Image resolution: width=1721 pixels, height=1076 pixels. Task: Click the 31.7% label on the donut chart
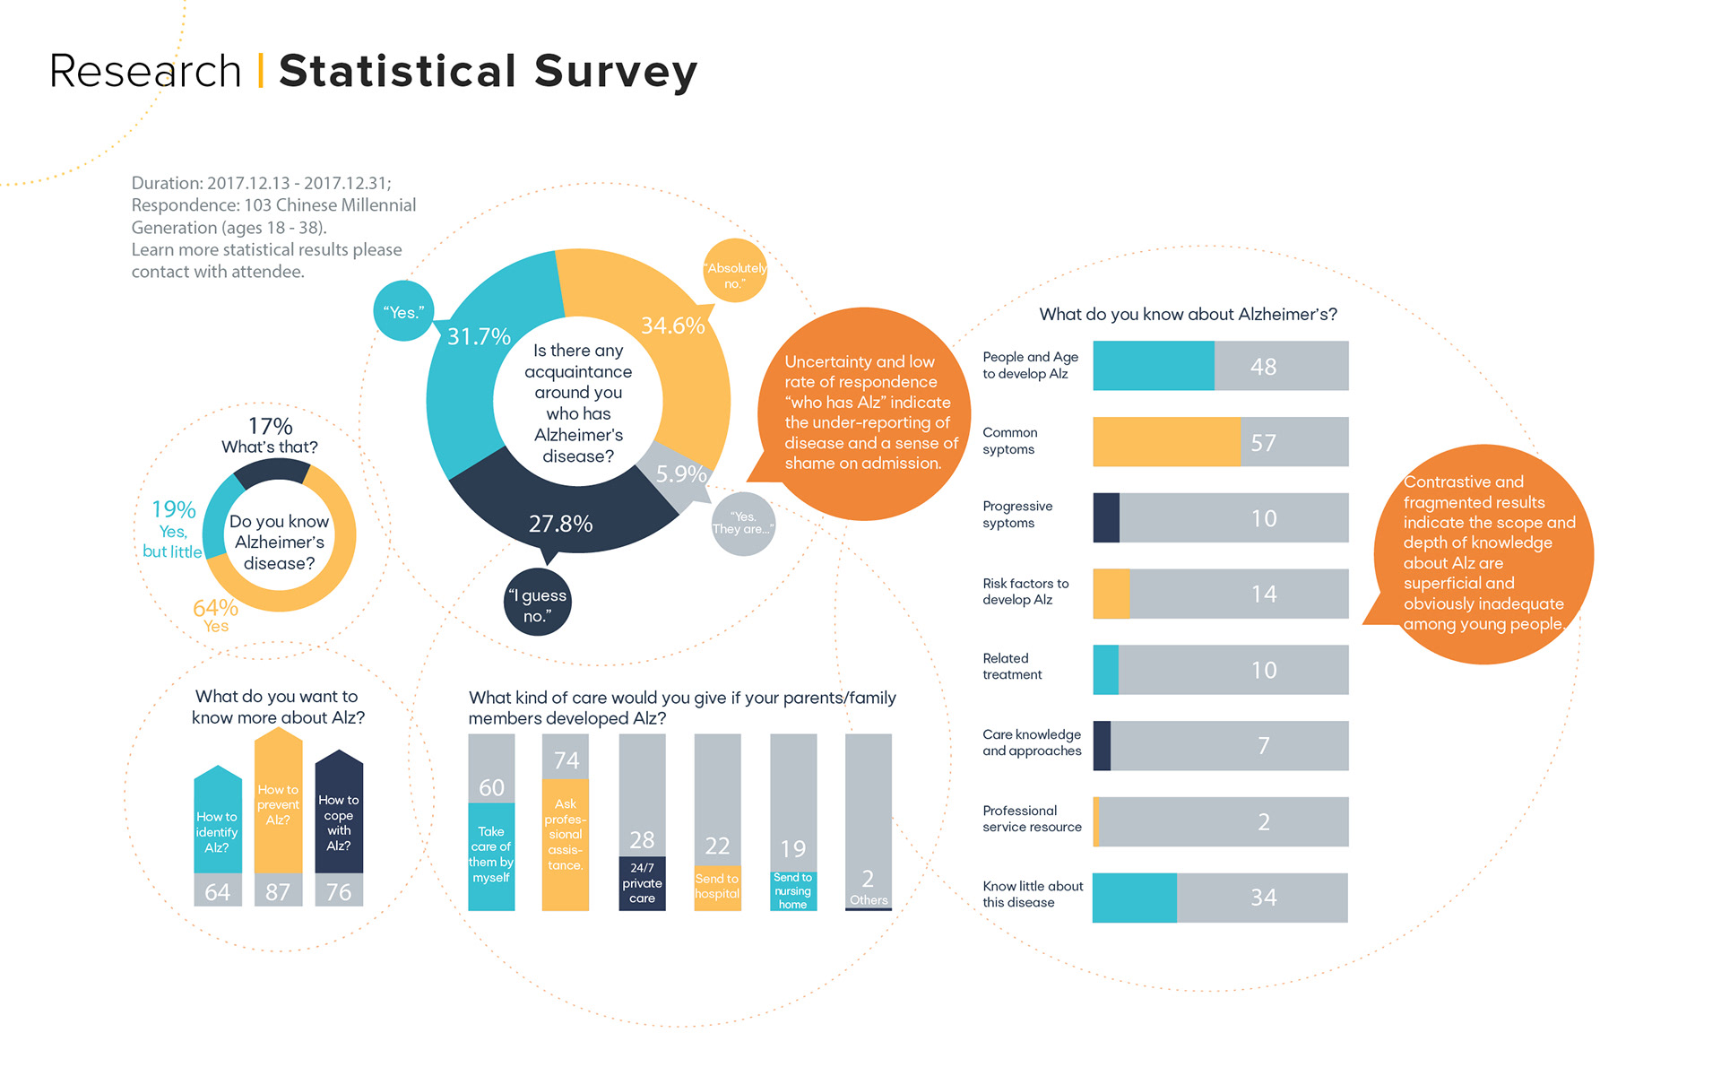[479, 336]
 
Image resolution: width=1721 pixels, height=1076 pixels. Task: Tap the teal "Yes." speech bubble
[403, 312]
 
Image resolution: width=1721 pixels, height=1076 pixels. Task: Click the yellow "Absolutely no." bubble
[735, 272]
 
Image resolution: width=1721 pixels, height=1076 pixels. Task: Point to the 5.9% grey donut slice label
[681, 473]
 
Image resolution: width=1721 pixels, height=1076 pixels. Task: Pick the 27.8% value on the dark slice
[560, 524]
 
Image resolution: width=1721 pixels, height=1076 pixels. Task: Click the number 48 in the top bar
[1263, 367]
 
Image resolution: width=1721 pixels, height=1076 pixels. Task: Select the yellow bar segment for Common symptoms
[1165, 442]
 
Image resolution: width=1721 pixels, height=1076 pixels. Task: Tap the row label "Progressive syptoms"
[1017, 515]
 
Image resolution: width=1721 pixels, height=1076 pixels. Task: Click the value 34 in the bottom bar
[1263, 898]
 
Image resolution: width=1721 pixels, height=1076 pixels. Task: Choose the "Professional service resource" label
[1032, 819]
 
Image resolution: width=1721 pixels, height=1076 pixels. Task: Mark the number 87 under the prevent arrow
[278, 892]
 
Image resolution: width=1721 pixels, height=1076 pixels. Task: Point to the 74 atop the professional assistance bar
[566, 760]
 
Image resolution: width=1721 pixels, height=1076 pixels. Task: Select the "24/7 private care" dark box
[642, 883]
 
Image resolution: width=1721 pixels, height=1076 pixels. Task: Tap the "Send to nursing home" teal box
[792, 891]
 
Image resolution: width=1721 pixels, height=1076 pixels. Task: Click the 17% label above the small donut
[270, 426]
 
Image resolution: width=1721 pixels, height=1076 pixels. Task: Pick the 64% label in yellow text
[215, 608]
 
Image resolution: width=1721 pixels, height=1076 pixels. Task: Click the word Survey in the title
[616, 72]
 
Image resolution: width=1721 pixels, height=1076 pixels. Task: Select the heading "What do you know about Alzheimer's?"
[1188, 315]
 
